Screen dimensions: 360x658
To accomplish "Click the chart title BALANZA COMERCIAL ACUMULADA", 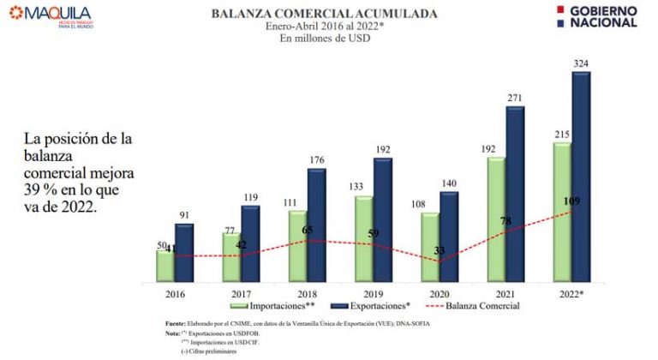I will click(324, 14).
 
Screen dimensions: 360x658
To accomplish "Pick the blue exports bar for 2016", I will click(184, 252).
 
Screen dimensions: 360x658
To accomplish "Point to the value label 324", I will click(582, 63).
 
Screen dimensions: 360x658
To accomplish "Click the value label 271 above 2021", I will click(515, 98).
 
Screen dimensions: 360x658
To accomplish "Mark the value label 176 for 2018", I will click(316, 159).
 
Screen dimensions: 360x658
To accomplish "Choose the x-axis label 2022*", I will click(572, 291).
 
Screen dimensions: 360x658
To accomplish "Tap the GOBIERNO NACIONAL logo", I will click(595, 15).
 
